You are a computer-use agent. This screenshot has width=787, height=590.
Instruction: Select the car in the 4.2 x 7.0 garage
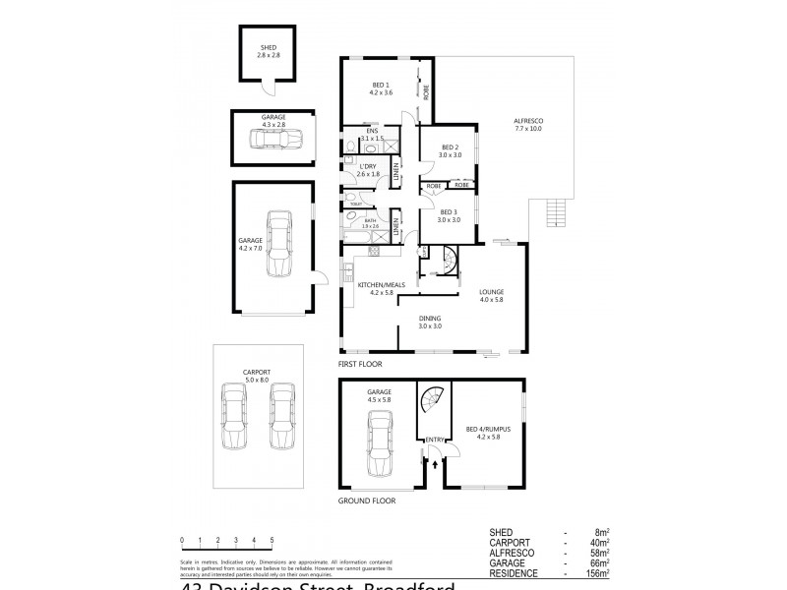(280, 244)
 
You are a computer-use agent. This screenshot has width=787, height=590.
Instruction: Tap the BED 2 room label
(450, 148)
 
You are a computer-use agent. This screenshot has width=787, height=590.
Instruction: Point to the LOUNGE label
(492, 292)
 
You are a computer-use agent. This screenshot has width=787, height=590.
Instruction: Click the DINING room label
(430, 319)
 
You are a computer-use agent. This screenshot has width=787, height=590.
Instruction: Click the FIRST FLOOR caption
(360, 364)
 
